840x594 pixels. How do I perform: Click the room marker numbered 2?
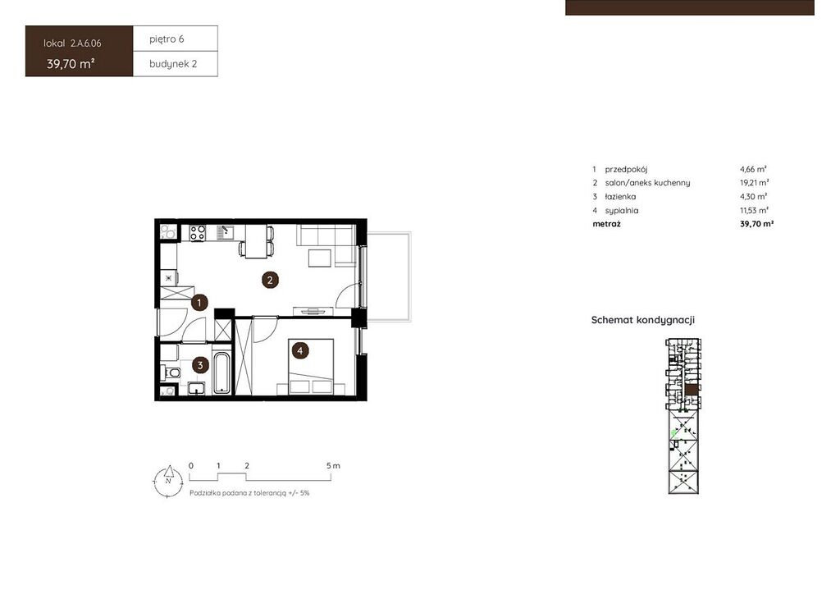tap(270, 280)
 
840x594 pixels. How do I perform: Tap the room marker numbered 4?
tap(300, 351)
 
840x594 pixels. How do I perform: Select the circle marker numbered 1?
tap(199, 303)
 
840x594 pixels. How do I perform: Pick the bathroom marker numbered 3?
tap(200, 365)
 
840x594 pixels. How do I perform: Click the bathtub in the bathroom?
tap(221, 372)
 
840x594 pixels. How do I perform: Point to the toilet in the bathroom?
tap(171, 372)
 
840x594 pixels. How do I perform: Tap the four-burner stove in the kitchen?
tap(197, 232)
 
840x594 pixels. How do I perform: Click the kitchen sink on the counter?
tap(226, 232)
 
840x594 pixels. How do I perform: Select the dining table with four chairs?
tap(257, 241)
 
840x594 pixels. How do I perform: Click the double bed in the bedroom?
tap(311, 367)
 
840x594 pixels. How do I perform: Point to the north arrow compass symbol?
tap(168, 480)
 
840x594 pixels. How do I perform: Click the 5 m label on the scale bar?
tap(333, 465)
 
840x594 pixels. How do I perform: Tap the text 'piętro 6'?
tap(167, 39)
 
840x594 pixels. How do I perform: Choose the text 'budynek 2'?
tap(173, 64)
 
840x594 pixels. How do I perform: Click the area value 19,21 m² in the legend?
tap(755, 183)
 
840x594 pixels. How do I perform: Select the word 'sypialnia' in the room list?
tap(622, 211)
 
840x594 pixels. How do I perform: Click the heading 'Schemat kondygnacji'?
tap(643, 320)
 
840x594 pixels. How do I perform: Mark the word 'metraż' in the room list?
tap(606, 224)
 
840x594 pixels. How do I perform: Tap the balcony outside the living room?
tap(389, 276)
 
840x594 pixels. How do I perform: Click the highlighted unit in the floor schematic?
tap(692, 390)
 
